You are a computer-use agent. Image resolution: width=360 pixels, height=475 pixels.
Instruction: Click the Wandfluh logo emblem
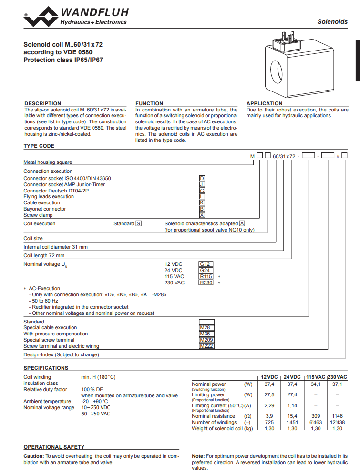click(41, 16)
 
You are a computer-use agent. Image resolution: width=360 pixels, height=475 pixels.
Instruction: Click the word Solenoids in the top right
click(332, 22)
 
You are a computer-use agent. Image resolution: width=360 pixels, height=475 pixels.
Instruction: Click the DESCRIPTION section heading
click(42, 103)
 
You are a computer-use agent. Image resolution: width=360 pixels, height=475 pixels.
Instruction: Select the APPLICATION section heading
click(264, 103)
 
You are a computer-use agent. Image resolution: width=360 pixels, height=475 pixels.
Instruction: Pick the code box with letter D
click(202, 178)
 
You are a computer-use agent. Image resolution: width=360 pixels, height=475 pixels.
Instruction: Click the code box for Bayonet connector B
click(202, 209)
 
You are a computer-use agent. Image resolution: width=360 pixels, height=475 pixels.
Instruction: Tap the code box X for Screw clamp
click(202, 215)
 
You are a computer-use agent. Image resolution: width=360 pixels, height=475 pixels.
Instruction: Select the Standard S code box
click(138, 223)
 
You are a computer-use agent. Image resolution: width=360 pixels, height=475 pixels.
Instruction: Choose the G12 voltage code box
click(205, 264)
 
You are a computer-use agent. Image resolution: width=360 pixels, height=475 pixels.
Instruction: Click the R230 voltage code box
click(206, 283)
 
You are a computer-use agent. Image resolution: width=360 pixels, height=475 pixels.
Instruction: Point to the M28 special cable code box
click(206, 328)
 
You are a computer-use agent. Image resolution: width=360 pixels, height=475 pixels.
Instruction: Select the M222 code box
click(206, 346)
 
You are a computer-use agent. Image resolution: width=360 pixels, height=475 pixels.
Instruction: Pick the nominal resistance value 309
click(316, 416)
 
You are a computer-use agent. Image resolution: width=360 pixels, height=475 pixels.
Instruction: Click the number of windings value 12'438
click(337, 422)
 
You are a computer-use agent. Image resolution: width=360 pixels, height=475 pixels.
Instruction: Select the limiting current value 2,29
click(269, 405)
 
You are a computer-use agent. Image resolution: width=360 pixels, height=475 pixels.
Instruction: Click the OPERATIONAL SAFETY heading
click(54, 447)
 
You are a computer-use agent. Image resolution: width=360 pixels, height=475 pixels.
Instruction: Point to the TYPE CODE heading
click(39, 146)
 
